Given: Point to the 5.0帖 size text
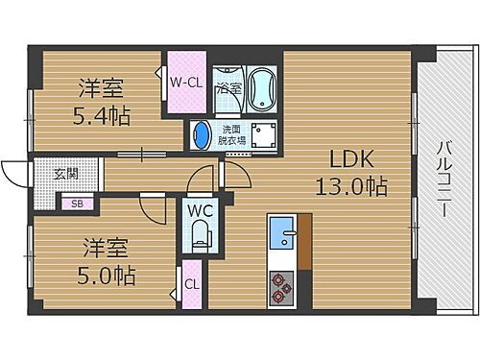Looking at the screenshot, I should click(x=105, y=276).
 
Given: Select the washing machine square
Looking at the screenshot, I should click(x=260, y=134).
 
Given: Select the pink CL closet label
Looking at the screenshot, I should click(x=192, y=286).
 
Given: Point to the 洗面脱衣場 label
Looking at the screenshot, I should click(x=231, y=135).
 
